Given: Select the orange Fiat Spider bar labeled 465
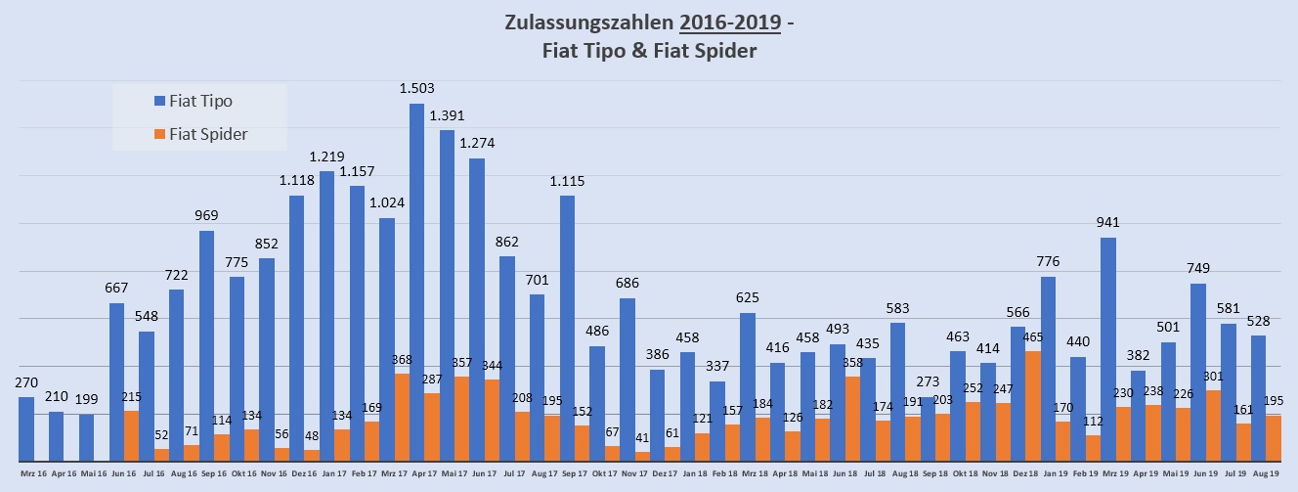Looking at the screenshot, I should coord(1033,406).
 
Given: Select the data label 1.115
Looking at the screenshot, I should coord(567,181).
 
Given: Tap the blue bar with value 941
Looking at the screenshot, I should coord(1107,348).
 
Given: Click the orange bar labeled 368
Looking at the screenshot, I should coord(402,417).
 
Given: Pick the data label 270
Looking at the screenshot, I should coord(26,382).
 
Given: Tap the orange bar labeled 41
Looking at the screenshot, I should coord(642,456).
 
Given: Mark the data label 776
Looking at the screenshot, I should coord(1048,262).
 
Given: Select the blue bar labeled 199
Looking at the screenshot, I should coord(87,437).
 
